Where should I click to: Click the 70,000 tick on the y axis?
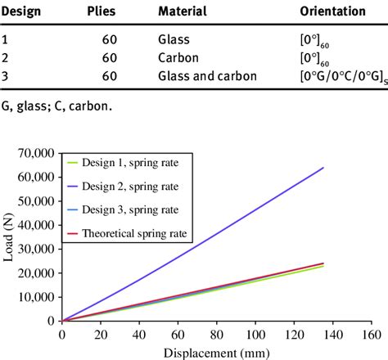coord(36,153)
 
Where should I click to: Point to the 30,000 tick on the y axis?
coord(36,249)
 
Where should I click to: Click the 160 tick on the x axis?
coord(371,335)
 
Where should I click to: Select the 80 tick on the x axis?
coord(216,335)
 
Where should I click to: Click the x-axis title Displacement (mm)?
coord(217,352)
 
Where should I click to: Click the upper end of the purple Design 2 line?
coord(323,168)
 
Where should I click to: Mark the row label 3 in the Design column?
coord(5,77)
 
